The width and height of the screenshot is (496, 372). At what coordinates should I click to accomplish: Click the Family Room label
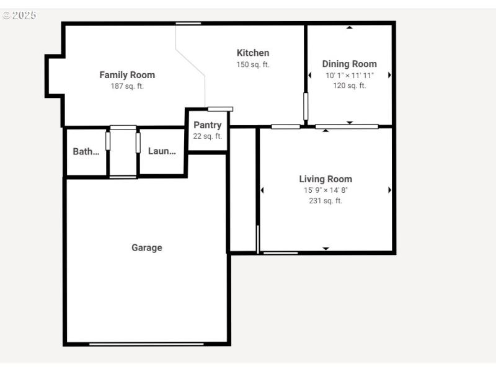[127, 75]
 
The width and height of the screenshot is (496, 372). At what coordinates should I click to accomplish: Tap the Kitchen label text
[253, 53]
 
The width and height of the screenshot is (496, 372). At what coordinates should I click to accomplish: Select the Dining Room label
[349, 64]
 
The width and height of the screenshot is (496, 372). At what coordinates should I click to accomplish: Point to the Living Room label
[325, 179]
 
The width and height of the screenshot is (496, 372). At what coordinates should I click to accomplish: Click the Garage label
[147, 247]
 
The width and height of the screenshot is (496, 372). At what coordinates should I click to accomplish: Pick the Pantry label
[207, 125]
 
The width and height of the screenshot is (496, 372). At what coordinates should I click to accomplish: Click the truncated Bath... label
[86, 151]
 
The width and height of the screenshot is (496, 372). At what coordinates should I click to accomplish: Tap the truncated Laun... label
[162, 151]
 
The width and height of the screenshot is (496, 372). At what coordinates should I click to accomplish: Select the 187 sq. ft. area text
[127, 86]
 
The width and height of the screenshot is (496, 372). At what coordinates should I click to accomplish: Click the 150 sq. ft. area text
[253, 64]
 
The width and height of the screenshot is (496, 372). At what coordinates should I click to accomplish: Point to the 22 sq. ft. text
[207, 136]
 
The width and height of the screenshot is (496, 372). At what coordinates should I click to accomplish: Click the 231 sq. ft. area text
[325, 201]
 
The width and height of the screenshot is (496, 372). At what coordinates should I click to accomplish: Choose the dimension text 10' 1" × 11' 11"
[349, 75]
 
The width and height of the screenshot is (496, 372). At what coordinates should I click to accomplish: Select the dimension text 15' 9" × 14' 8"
[325, 190]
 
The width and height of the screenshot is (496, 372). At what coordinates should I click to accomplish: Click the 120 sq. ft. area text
[349, 86]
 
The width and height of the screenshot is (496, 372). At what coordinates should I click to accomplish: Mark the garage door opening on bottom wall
[146, 343]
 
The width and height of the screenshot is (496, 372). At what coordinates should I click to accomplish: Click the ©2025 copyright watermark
[19, 15]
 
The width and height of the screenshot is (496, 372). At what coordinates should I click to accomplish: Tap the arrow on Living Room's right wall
[389, 190]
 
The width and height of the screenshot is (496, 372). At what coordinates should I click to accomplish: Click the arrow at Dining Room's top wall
[350, 27]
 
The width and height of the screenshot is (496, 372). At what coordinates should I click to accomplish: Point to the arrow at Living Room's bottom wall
[325, 249]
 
